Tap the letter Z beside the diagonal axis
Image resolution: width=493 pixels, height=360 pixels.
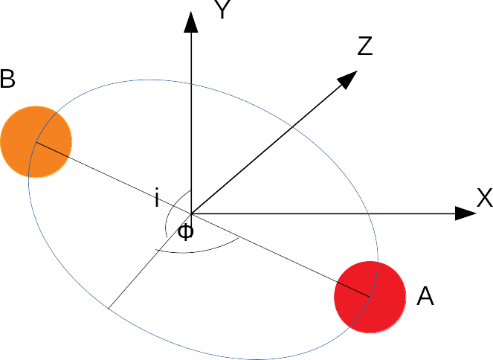tap(364, 48)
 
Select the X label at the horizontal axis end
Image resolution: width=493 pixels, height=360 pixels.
tap(484, 198)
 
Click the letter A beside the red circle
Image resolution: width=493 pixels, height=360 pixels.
tap(425, 298)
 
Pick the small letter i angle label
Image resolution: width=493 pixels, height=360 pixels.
tap(157, 199)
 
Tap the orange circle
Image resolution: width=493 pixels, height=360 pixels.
tap(36, 141)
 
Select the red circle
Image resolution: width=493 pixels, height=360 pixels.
tap(370, 297)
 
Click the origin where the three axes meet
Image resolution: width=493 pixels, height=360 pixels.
tap(192, 214)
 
